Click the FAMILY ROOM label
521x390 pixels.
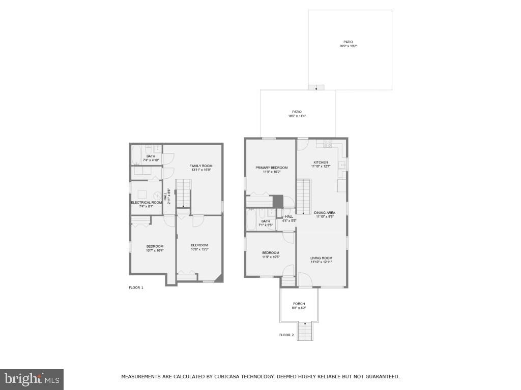201,166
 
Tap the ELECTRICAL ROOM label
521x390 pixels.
147,203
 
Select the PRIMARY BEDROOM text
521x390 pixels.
271,168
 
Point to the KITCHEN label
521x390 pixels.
321,162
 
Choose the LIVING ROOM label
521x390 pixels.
321,258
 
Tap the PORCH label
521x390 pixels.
299,304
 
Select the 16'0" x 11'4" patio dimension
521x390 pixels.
297,116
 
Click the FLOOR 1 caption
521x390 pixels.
136,287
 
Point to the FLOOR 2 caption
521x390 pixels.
286,335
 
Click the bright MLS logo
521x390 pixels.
32,379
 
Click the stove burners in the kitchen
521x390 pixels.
325,144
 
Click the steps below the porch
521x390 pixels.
305,332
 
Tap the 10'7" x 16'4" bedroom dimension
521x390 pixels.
155,250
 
